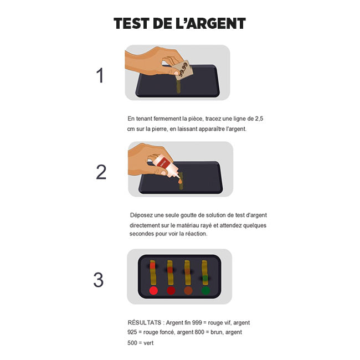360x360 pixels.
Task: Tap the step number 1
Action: click(x=100, y=75)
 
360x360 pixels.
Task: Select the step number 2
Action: click(x=101, y=172)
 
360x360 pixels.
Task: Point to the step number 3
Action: click(x=98, y=280)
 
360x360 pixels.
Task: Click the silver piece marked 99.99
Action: click(x=183, y=70)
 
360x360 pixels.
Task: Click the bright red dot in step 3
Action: click(x=153, y=290)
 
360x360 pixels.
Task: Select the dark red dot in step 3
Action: click(x=171, y=290)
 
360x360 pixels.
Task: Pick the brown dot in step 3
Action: click(x=188, y=290)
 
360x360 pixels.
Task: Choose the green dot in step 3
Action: click(x=205, y=290)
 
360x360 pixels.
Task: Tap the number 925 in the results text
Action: click(x=132, y=332)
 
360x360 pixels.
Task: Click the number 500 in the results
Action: click(x=132, y=343)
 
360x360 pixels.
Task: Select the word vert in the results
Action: click(x=148, y=343)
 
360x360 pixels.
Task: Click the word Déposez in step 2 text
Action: click(x=142, y=215)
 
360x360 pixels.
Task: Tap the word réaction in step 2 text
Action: click(x=194, y=234)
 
